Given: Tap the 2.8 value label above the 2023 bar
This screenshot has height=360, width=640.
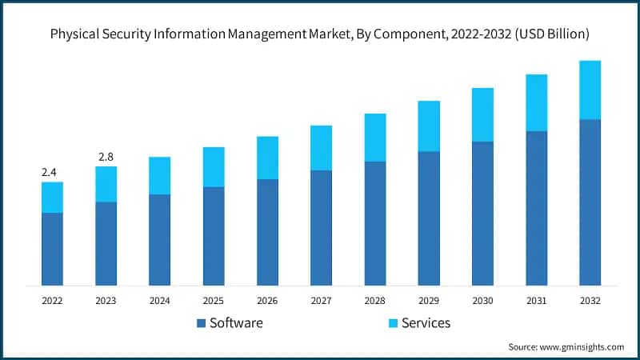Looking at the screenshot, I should [x=106, y=157].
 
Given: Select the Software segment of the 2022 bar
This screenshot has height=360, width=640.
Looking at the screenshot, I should [x=52, y=249].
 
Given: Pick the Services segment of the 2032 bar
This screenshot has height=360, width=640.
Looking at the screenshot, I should [x=590, y=90].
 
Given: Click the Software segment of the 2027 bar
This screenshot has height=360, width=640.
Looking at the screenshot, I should [x=321, y=227].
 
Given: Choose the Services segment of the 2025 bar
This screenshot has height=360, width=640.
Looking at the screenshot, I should [x=214, y=166].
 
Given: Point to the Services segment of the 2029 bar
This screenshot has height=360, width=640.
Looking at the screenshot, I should [x=429, y=126].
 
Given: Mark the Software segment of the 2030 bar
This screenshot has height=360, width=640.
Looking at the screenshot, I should [x=482, y=213].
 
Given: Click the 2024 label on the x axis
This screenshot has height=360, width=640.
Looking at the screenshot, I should [x=159, y=301].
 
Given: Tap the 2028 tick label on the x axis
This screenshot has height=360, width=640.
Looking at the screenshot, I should [x=374, y=301].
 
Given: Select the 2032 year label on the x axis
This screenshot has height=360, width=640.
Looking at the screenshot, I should [x=590, y=301].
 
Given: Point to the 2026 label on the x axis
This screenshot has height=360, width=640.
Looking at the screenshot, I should [x=267, y=301].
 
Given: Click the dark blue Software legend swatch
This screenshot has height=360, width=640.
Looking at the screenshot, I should [x=200, y=323].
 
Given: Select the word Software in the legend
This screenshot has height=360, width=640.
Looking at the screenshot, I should [x=236, y=323].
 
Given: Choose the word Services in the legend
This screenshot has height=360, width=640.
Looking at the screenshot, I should [x=426, y=323].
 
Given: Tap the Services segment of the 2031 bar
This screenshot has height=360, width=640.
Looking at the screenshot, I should [x=536, y=102].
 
